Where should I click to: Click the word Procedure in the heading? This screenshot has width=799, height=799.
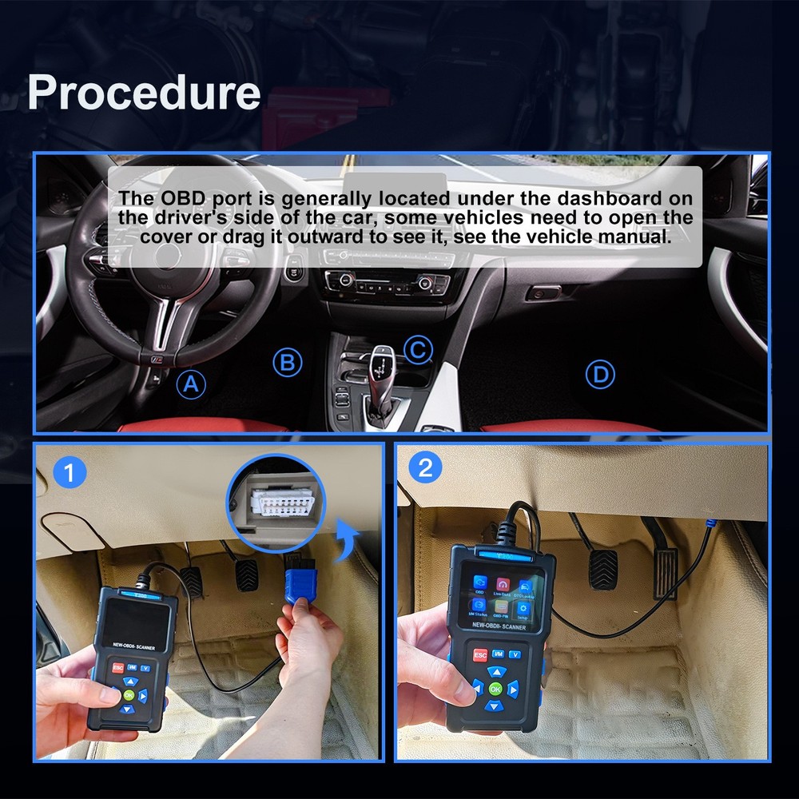(144, 93)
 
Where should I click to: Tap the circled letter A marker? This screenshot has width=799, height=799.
(190, 384)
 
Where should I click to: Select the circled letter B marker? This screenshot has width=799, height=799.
(288, 363)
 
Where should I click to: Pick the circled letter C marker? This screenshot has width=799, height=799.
(417, 349)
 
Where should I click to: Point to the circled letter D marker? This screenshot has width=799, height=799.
(599, 373)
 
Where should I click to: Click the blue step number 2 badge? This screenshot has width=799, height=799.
(425, 467)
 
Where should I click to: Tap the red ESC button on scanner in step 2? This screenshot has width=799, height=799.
(480, 655)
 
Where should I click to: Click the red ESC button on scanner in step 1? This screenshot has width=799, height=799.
(118, 667)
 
